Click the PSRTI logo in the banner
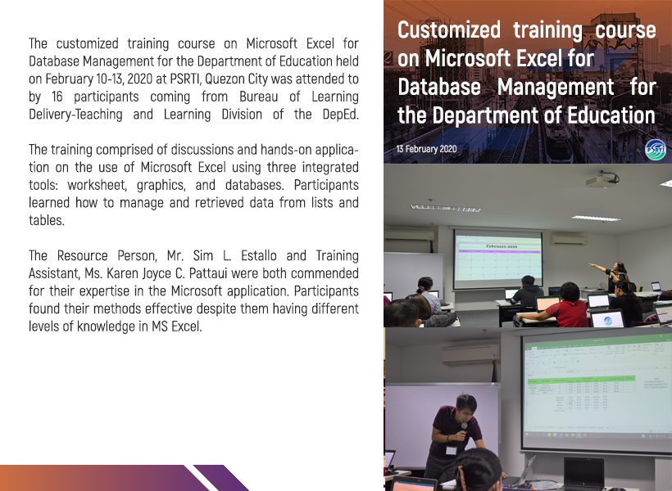pos(656,150)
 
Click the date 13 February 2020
pos(426,149)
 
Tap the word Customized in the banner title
pos(449,30)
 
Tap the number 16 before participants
pos(57,97)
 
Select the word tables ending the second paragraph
pos(46,220)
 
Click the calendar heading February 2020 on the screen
pos(501,246)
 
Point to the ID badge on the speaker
pos(451,450)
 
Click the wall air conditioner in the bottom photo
pos(470,355)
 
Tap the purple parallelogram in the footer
pos(220,478)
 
